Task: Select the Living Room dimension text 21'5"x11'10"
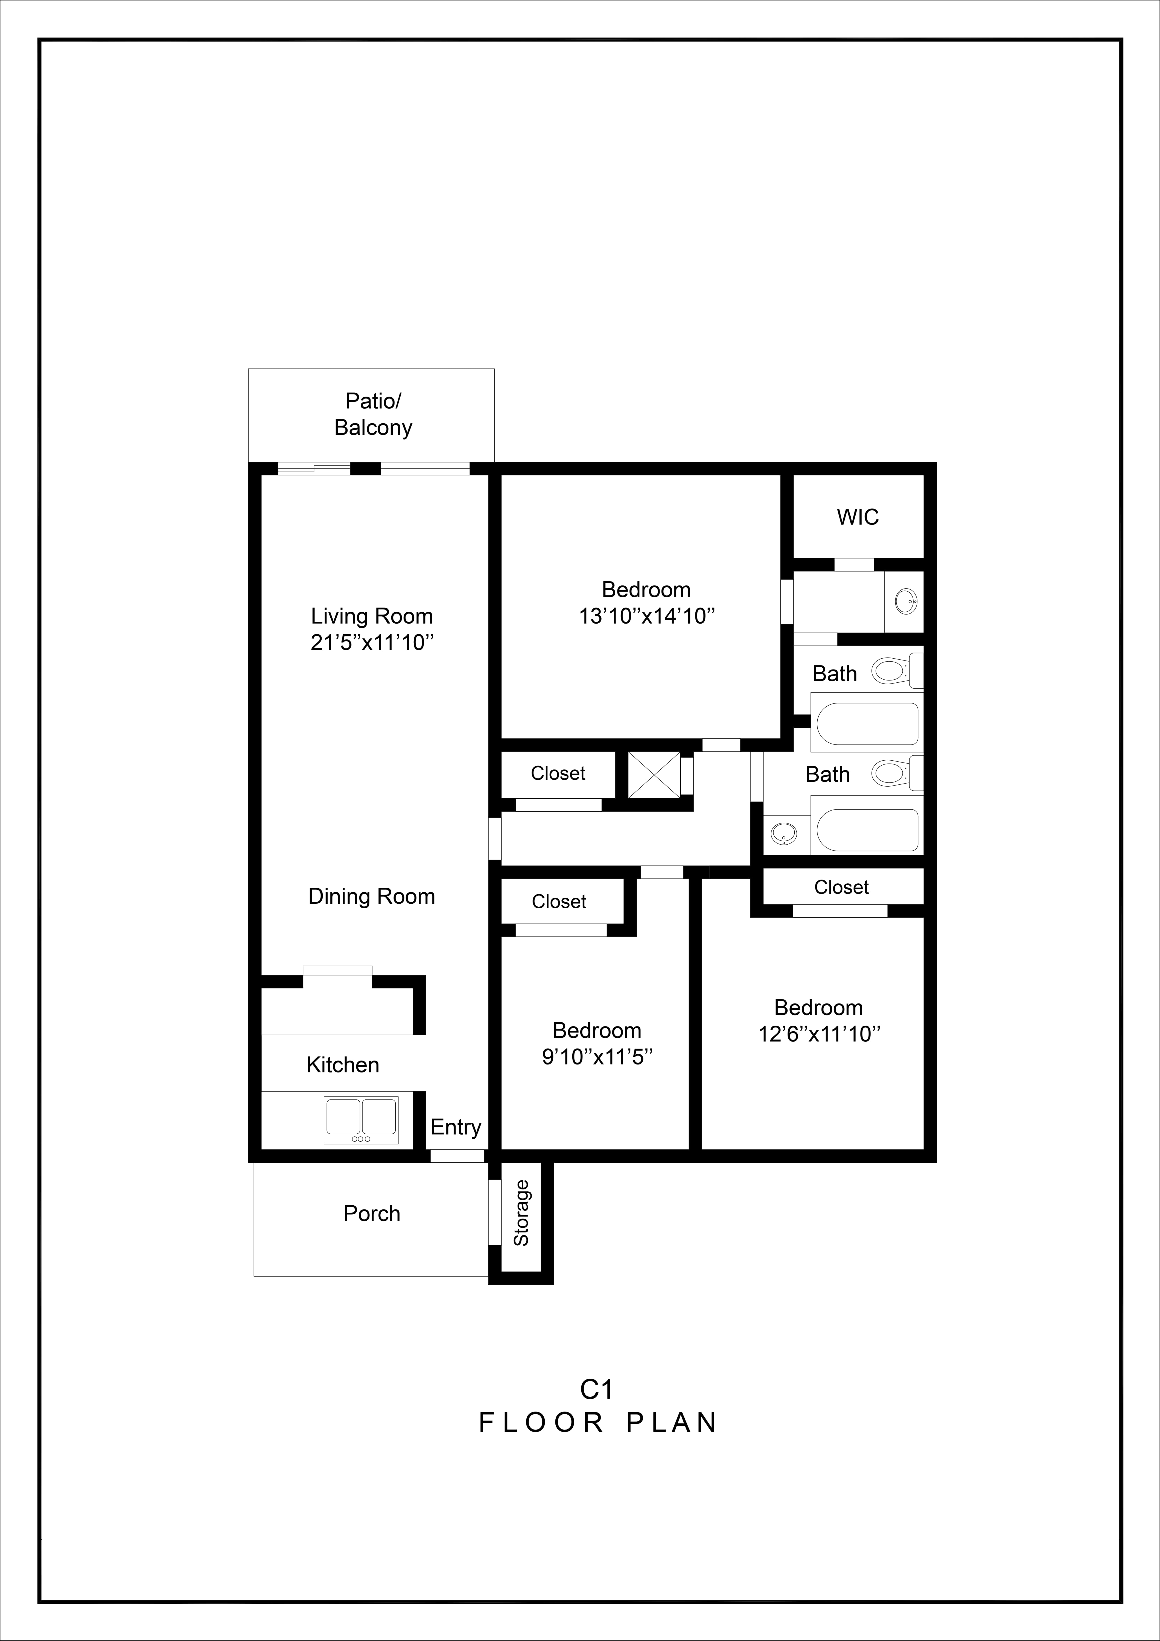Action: pyautogui.click(x=372, y=642)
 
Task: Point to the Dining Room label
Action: pyautogui.click(x=372, y=896)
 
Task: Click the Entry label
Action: pyautogui.click(x=455, y=1127)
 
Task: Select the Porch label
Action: pyautogui.click(x=372, y=1214)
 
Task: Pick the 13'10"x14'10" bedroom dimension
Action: pyautogui.click(x=647, y=616)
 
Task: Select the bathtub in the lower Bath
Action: pyautogui.click(x=867, y=830)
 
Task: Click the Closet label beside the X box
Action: pyautogui.click(x=558, y=773)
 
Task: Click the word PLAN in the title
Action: pyautogui.click(x=672, y=1423)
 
